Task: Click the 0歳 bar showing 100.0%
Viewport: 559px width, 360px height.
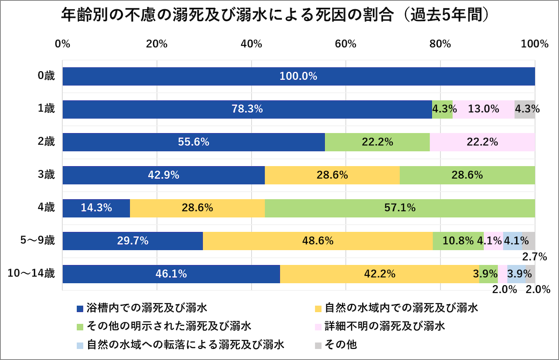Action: coord(298,76)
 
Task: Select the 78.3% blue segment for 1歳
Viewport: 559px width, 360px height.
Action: coord(247,109)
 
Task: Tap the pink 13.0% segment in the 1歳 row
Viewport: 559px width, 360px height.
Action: coord(483,109)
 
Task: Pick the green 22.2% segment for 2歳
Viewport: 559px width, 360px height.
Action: coord(377,142)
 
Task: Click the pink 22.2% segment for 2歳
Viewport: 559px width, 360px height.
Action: coord(482,142)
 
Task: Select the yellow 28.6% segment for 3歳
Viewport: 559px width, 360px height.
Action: coord(332,175)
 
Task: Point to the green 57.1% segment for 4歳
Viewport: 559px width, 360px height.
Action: coord(400,208)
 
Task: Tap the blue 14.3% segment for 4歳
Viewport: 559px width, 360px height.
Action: coord(96,208)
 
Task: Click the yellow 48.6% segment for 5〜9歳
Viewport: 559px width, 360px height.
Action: coord(318,241)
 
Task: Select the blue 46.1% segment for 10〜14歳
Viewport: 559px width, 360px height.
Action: coord(171,274)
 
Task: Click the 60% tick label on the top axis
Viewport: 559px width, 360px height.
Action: coord(346,44)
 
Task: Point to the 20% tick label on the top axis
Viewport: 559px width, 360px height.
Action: coord(157,44)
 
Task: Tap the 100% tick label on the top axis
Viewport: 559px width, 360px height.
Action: coord(534,44)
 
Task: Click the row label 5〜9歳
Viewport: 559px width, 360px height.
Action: coord(38,240)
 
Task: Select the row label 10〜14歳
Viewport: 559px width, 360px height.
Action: coord(31,273)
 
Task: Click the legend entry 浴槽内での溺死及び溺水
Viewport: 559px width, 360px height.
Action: coord(146,308)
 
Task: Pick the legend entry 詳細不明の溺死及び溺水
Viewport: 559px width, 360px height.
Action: coord(384,326)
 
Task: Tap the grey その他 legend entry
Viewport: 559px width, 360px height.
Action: coord(340,345)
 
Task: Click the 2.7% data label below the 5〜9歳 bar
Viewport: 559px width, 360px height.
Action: coord(534,257)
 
